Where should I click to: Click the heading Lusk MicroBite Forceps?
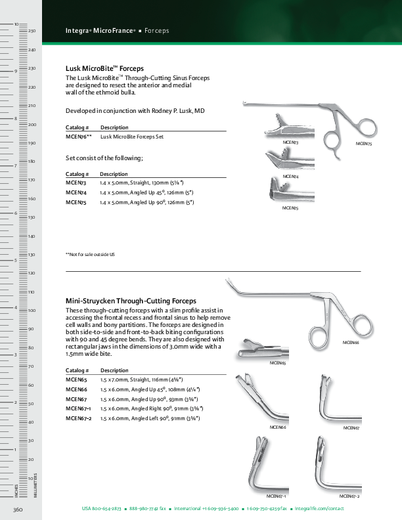[104, 68]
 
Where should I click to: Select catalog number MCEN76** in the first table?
[78, 137]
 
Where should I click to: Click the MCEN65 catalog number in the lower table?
[76, 379]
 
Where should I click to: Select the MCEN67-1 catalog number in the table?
[79, 408]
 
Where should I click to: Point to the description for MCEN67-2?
[150, 418]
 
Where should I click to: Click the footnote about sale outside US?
[90, 254]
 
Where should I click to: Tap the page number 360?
[18, 509]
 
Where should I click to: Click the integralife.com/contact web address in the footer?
[319, 509]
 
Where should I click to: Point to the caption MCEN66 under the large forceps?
[351, 343]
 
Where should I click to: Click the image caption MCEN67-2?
[349, 496]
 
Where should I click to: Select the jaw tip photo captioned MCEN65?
[261, 348]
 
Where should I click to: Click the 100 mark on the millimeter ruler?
[31, 310]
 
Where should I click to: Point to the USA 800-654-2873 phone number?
[101, 509]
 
